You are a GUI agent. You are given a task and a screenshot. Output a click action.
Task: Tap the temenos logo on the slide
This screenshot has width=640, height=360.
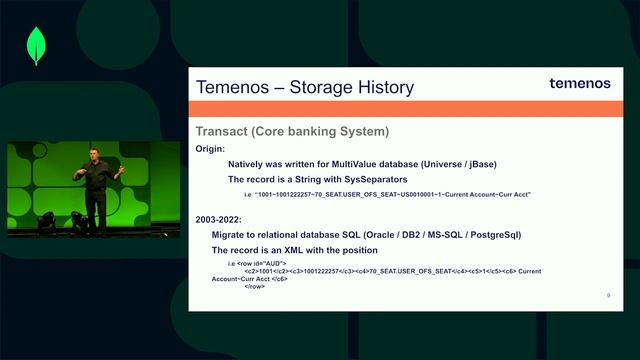(579, 84)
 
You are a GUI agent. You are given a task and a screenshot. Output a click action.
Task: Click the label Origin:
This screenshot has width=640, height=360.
(210, 148)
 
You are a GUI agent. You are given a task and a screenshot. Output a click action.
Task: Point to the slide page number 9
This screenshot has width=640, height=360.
(608, 296)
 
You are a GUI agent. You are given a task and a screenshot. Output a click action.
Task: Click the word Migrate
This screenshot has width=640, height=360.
(231, 235)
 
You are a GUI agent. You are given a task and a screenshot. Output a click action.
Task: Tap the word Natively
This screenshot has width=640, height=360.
(248, 163)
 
